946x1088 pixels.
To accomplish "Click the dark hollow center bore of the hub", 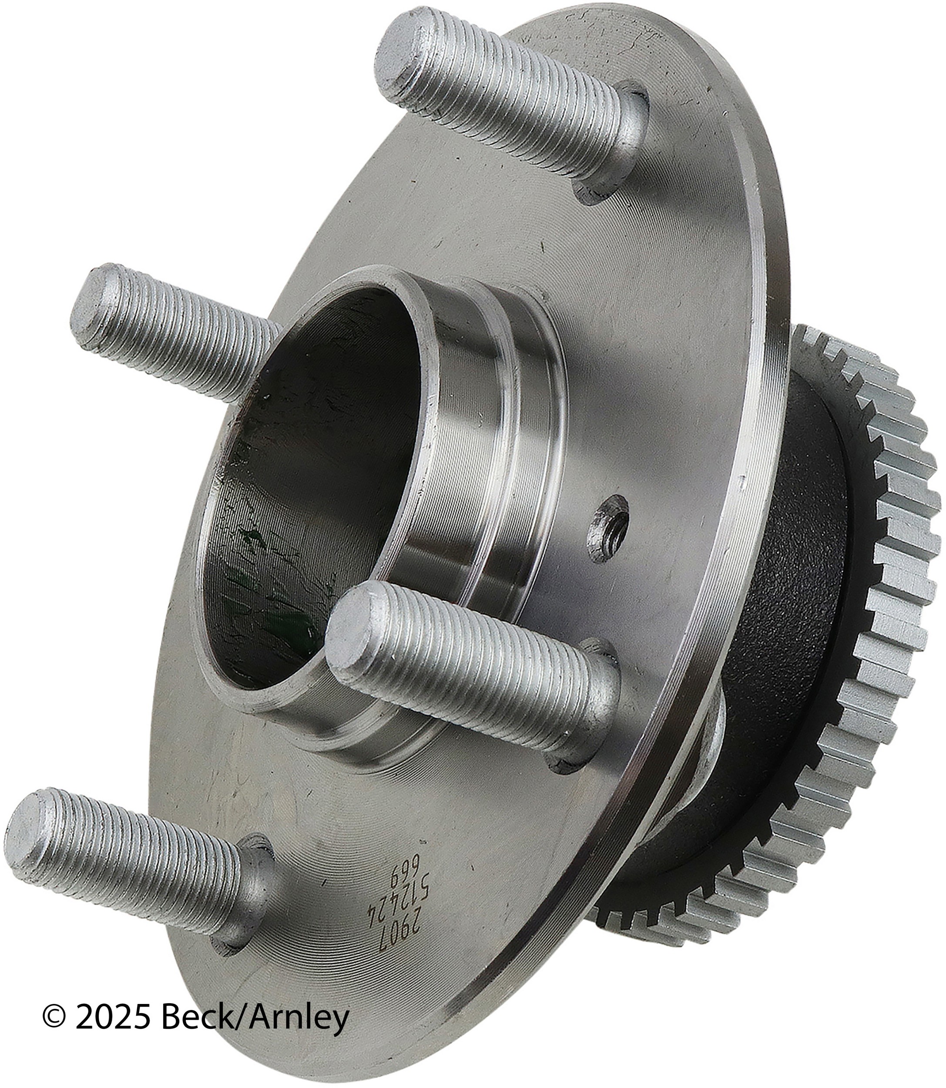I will (x=312, y=459).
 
